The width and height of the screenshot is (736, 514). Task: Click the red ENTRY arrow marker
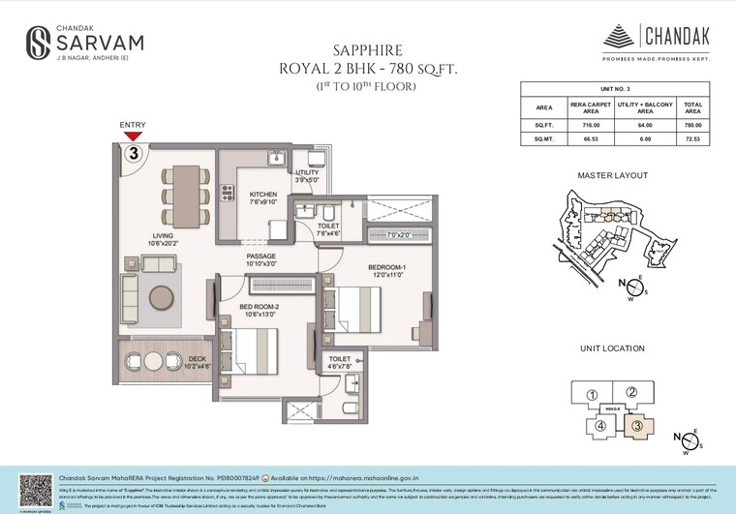(132, 136)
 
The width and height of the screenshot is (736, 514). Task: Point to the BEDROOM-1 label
(386, 267)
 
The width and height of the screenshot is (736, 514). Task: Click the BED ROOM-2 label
(259, 308)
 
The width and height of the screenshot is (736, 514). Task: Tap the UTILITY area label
(306, 173)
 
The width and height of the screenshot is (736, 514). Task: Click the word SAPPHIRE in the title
(367, 49)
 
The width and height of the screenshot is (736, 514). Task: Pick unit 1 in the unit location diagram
(592, 394)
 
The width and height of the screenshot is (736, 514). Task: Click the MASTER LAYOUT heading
(612, 176)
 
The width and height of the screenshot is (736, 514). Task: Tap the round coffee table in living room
(161, 294)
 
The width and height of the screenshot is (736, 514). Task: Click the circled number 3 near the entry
(133, 153)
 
